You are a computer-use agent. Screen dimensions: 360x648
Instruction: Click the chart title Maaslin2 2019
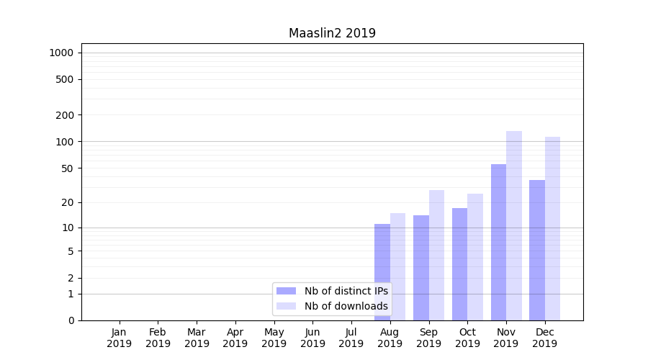(x=332, y=33)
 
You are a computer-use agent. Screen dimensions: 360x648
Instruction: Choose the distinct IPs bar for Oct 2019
(x=459, y=264)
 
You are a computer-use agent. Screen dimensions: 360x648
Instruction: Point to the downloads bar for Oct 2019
(x=475, y=257)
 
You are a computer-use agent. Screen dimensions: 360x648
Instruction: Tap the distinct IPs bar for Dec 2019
(x=537, y=250)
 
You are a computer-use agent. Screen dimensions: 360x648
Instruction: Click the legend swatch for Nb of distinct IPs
(x=287, y=291)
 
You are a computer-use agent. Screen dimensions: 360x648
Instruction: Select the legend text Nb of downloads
(x=346, y=306)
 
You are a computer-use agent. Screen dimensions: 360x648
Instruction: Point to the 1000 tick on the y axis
(x=61, y=53)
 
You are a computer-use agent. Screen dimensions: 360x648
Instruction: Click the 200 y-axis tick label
(x=65, y=115)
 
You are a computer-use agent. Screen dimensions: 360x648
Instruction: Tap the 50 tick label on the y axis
(x=67, y=168)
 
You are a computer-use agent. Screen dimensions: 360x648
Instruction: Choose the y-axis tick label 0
(x=71, y=320)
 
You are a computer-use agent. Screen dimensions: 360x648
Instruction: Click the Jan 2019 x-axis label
(x=120, y=338)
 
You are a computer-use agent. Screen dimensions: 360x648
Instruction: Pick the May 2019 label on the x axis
(x=274, y=338)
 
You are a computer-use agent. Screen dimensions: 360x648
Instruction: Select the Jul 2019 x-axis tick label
(x=351, y=338)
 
